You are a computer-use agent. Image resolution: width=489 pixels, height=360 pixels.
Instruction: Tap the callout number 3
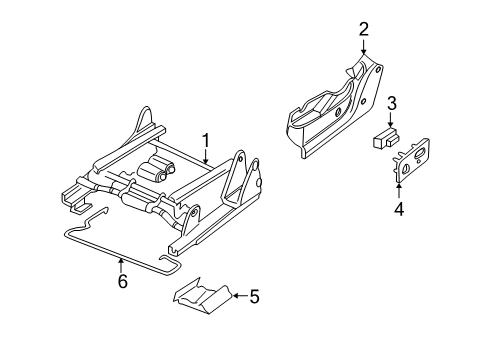coord(393,102)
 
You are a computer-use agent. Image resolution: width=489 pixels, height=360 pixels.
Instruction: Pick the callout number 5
coord(254,295)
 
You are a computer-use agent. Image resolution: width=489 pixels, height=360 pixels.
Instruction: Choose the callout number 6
coord(122,283)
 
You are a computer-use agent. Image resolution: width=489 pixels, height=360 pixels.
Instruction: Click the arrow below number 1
coord(204,154)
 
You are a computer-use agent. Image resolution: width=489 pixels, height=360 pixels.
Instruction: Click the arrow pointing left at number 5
coord(237,295)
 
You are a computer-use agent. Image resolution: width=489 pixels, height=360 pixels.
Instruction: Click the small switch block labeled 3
coord(382,139)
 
